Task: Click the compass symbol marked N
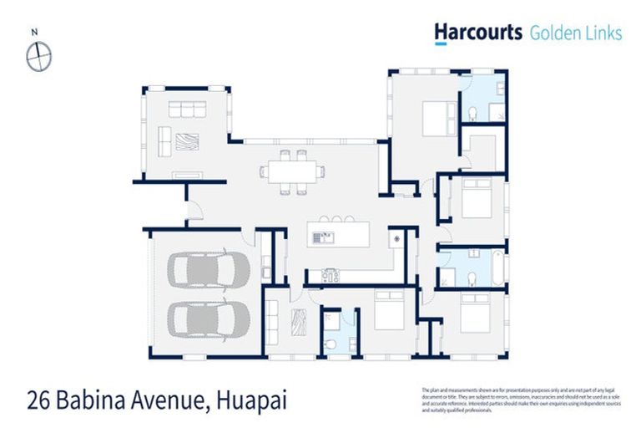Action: coord(38,57)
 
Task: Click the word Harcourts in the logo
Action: coord(477,32)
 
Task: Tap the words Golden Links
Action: coord(576,33)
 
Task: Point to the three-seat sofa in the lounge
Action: coord(187,110)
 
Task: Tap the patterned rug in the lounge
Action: coord(184,140)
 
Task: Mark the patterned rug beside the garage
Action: coord(298,323)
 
